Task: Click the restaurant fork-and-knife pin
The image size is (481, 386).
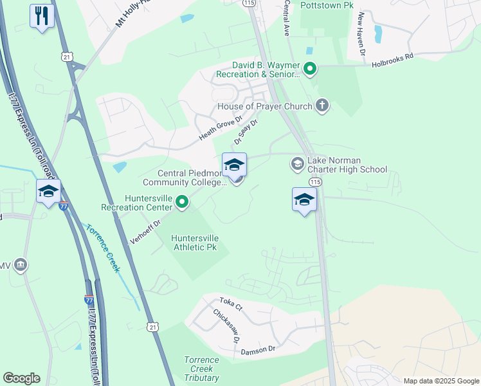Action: point(42,16)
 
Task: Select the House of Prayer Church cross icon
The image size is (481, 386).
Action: point(322,106)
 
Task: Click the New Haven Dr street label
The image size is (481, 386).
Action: point(362,32)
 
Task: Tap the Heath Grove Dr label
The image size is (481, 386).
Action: point(221,129)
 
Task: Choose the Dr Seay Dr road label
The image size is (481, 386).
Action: point(245,132)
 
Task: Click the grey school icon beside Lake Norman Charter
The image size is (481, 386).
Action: point(297,165)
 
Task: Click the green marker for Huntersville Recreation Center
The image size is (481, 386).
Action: point(182,203)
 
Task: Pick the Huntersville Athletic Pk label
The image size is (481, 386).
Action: point(200,243)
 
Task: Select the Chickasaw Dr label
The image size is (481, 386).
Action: point(226,326)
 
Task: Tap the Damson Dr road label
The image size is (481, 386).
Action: point(258,350)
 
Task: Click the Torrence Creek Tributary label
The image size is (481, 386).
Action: point(201,369)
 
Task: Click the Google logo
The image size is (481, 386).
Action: point(21,378)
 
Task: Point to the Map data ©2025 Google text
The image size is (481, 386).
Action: point(441,381)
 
